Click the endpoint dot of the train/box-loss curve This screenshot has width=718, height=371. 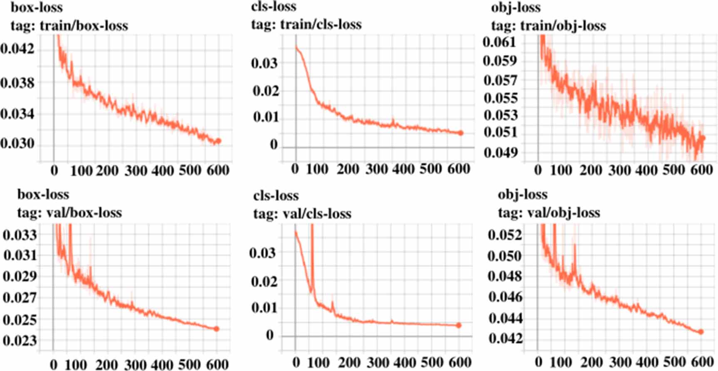coord(219,141)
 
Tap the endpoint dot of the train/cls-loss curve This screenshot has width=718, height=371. coord(461,133)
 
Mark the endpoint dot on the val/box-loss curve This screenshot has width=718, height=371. coord(216,329)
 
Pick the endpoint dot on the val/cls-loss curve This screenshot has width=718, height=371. coord(459,325)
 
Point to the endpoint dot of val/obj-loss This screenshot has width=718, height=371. coord(701,332)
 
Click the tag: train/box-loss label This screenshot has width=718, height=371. coord(69,26)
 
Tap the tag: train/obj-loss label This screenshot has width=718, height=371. coord(549,26)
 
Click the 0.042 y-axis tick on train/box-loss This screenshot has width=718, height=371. coord(17,49)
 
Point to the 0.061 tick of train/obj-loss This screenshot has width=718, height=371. coord(499,42)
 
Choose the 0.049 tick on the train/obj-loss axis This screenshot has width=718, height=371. coord(501,153)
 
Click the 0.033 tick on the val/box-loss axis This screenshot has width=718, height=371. coord(20,235)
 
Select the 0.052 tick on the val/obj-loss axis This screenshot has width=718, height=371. coord(504,235)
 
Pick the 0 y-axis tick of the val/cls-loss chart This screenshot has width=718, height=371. coord(270,335)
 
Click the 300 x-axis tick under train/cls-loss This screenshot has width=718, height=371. coord(377,169)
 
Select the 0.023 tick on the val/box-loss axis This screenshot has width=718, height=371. coord(20,341)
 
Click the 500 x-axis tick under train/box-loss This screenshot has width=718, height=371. coord(191,171)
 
